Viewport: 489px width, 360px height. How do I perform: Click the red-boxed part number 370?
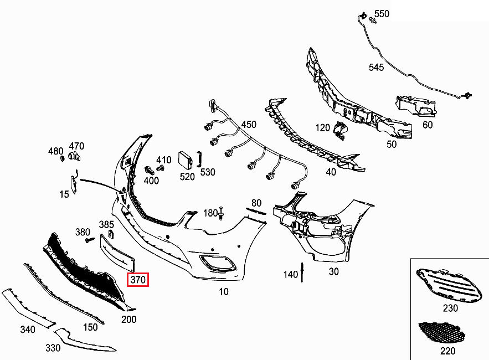coord(138,280)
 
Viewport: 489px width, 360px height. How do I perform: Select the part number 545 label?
coord(376,67)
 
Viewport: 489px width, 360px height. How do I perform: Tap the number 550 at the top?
coord(382,14)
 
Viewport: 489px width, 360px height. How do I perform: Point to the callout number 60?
coord(428,125)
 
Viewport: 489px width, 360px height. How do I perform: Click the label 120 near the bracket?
coord(323,128)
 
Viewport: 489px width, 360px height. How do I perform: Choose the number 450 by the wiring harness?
coord(249,125)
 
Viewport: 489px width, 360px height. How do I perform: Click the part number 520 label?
coord(187,177)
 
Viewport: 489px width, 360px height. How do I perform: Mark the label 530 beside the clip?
coord(208,172)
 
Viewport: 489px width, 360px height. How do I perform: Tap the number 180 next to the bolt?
coord(210,213)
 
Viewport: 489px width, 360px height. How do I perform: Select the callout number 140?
coord(290,274)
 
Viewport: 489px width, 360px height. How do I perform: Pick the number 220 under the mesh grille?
coord(447,351)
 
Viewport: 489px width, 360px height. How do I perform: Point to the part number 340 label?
coord(28,330)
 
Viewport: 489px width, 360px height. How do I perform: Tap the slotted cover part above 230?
coord(448,283)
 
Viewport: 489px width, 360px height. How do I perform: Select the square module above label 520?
coord(184,160)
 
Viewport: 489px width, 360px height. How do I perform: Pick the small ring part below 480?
coord(63,160)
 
